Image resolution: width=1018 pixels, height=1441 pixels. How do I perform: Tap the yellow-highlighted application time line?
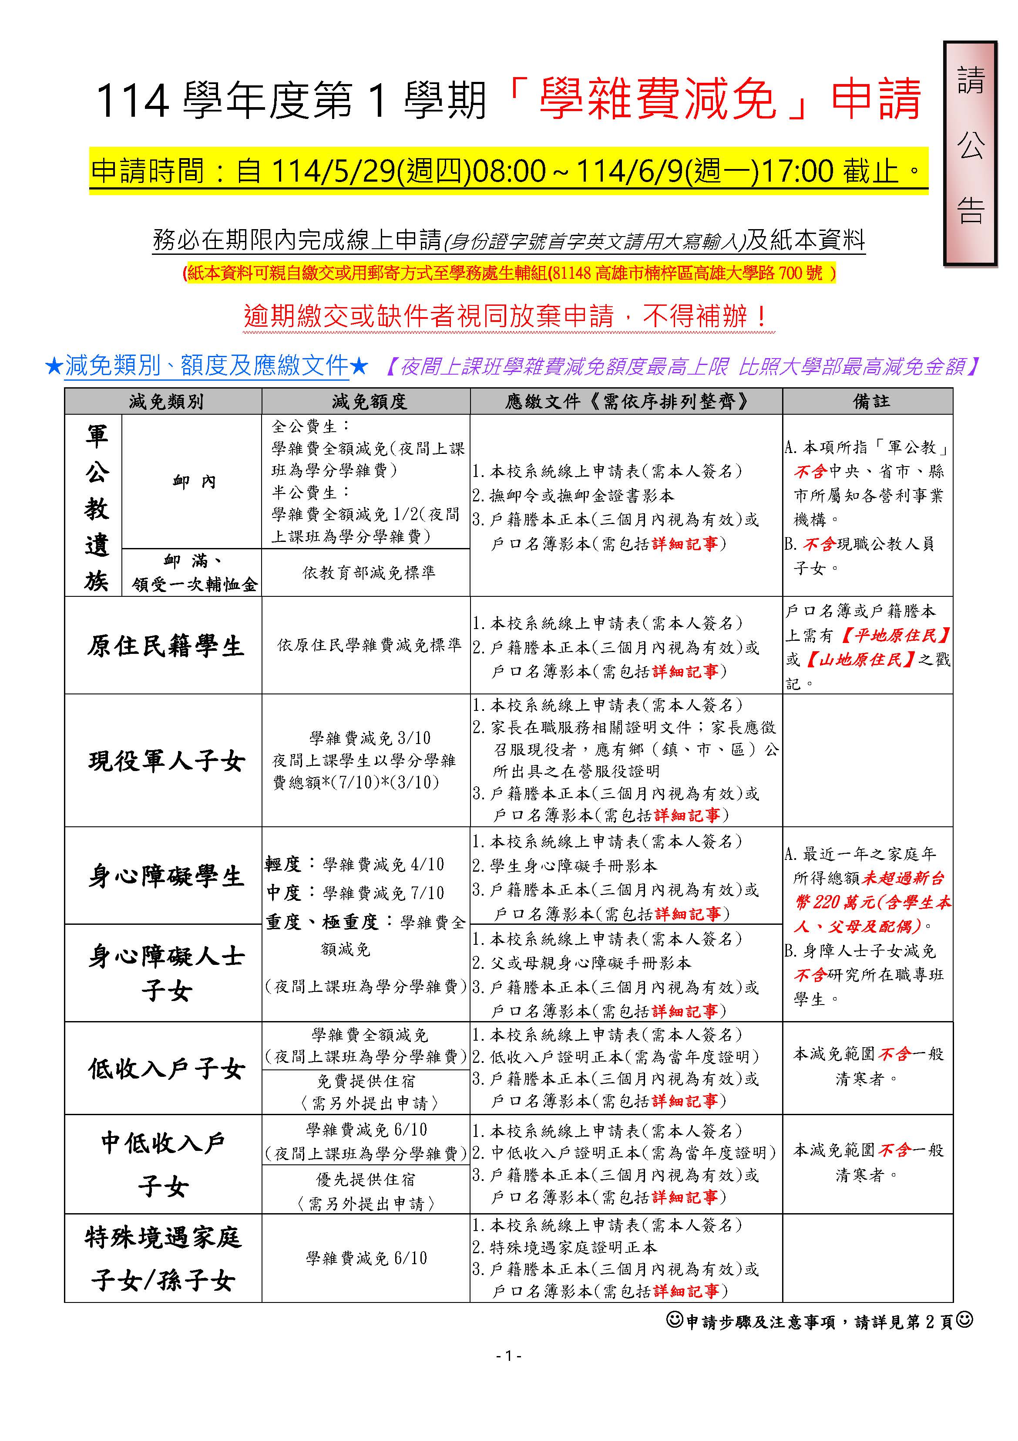pos(507,171)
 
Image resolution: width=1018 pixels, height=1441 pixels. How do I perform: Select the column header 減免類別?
pos(165,402)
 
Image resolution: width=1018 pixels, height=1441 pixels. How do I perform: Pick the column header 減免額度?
pos(369,402)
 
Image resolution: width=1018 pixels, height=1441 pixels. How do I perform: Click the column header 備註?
pos(870,402)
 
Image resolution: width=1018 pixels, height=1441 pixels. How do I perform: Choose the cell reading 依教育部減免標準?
pos(369,572)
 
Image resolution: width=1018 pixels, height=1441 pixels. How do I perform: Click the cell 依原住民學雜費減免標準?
pos(369,645)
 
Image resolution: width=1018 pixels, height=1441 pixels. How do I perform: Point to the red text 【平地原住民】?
pos(895,635)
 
